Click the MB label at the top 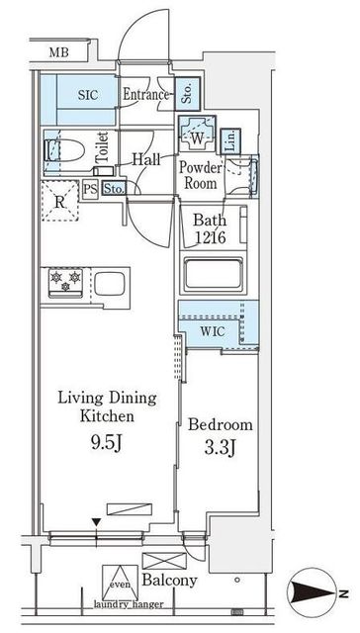pos(59,52)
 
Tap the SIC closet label pos(88,95)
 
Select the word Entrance pos(145,95)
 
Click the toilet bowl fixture pos(63,150)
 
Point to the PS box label pos(90,189)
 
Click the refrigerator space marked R pos(59,201)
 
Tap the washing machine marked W pos(197,135)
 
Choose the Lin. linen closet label pos(230,141)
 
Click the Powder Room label pos(201,176)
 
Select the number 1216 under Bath pos(210,238)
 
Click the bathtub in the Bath pos(214,275)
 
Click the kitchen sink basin pos(110,284)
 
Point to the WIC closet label pos(213,332)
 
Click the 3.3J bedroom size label pos(220,448)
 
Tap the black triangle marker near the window pos(96,522)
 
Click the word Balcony pos(169,581)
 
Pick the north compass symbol pos(314,592)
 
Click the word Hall pos(146,160)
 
